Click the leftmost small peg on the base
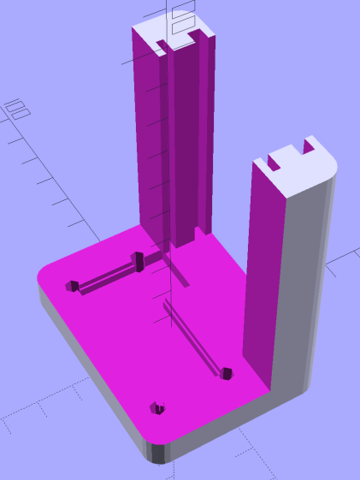[74, 286]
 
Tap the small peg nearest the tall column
[137, 261]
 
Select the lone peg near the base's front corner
[156, 408]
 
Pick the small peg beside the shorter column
[226, 373]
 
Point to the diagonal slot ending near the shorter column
[193, 341]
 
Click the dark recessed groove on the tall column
[189, 137]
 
